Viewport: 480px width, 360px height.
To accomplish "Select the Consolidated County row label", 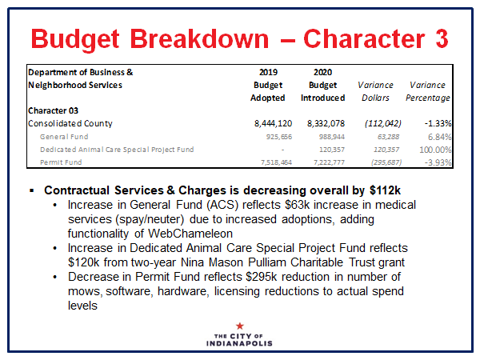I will pos(70,124).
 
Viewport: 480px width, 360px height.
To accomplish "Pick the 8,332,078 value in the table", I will pos(323,124).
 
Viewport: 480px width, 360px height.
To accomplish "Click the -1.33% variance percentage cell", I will pos(435,124).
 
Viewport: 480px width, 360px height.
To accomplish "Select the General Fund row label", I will pos(66,137).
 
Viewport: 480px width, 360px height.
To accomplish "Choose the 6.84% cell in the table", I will pos(438,137).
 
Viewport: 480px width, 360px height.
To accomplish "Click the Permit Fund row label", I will pos(64,162).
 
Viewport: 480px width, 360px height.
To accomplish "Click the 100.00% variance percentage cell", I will pos(433,150).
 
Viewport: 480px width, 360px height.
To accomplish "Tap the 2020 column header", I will pos(322,72).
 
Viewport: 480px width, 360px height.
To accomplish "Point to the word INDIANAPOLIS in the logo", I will pos(240,343).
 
